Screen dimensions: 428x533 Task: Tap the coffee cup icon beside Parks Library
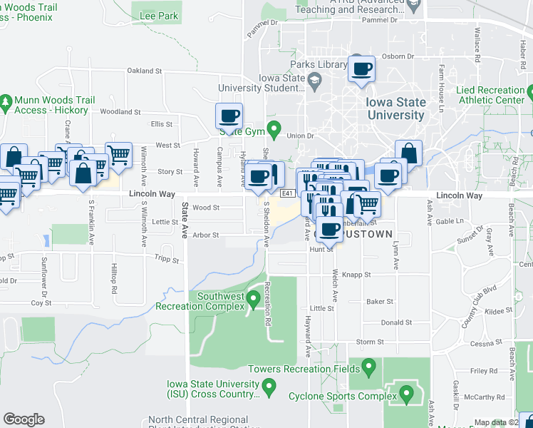(361, 69)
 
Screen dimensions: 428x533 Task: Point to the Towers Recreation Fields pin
(368, 368)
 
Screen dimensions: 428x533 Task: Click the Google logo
(24, 419)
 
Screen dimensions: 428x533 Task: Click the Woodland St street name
(120, 112)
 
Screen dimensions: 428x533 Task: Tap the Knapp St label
(357, 275)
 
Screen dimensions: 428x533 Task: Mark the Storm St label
(370, 342)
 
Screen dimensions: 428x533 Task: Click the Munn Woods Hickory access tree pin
(6, 103)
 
